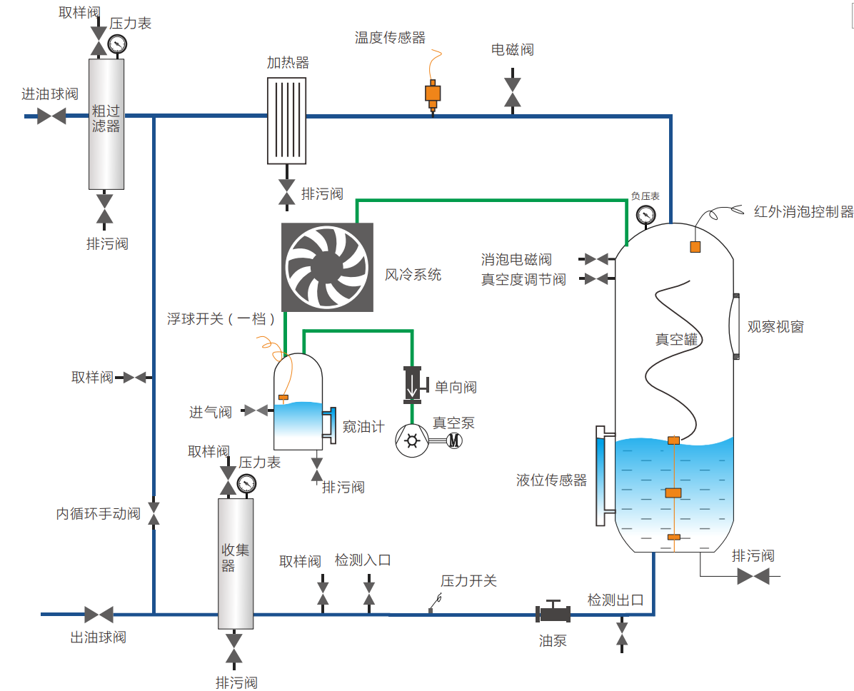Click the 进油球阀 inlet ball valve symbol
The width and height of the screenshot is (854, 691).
[51, 116]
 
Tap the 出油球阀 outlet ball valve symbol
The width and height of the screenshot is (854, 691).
[99, 614]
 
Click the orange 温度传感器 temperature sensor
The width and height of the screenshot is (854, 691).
[433, 94]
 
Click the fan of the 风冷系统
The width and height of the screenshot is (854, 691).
[327, 267]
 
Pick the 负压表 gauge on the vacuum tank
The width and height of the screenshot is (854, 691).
[645, 214]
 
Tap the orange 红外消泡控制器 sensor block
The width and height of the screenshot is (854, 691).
[695, 247]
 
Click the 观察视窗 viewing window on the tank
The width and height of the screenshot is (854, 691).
[735, 326]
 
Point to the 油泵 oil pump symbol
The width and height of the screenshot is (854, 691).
[553, 613]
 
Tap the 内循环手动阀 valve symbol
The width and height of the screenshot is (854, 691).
[154, 513]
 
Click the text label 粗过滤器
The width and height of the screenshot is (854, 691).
[106, 118]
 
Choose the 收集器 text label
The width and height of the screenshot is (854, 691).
[235, 557]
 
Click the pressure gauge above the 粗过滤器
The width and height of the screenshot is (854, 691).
[116, 44]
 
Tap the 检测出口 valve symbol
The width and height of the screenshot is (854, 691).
[622, 632]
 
